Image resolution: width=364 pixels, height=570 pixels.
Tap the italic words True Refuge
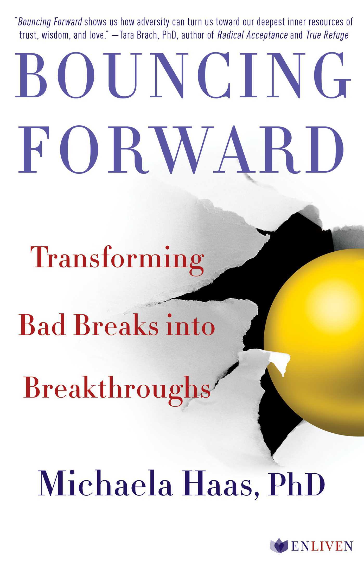[x=327, y=35]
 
